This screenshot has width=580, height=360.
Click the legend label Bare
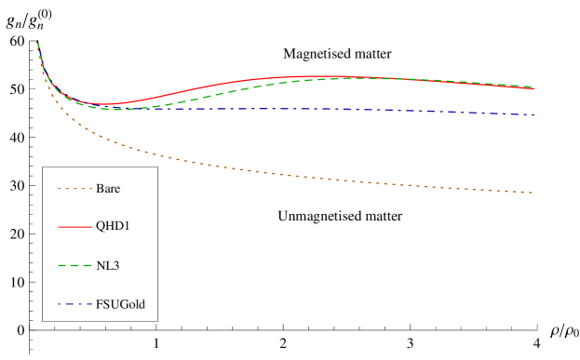pyautogui.click(x=108, y=189)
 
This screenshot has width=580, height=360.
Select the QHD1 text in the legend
pyautogui.click(x=112, y=227)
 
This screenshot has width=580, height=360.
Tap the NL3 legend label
pyautogui.click(x=108, y=266)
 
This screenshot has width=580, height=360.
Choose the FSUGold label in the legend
pyautogui.click(x=120, y=304)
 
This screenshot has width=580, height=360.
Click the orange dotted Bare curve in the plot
pyautogui.click(x=279, y=173)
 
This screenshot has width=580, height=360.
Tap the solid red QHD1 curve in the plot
pyautogui.click(x=233, y=82)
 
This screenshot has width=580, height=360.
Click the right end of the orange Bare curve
pyautogui.click(x=533, y=193)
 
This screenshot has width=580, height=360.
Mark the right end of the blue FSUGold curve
pyautogui.click(x=533, y=114)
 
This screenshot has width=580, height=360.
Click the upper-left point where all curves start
pyautogui.click(x=36, y=41)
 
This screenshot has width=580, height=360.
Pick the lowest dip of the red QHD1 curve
pyautogui.click(x=105, y=104)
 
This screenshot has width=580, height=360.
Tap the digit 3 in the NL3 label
pyautogui.click(x=116, y=266)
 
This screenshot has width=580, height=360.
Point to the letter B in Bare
pyautogui.click(x=100, y=189)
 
